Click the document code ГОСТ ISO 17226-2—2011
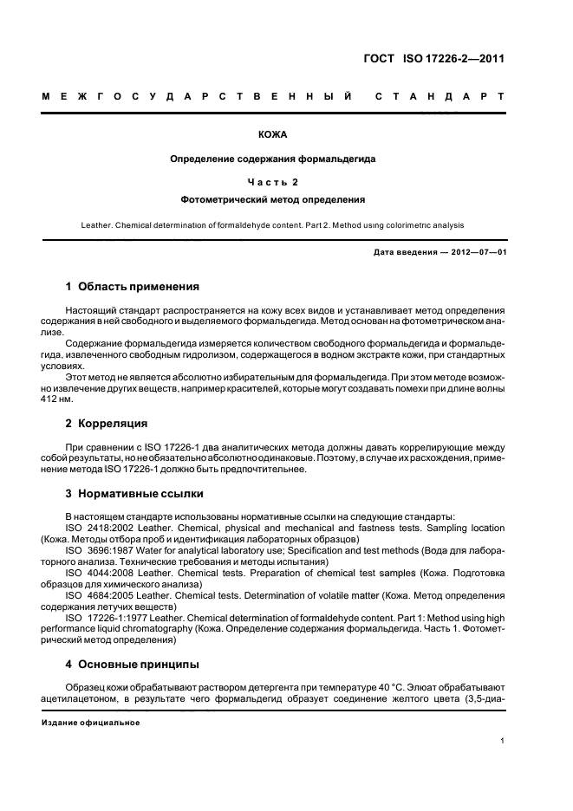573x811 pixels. click(433, 60)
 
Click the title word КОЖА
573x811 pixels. click(273, 136)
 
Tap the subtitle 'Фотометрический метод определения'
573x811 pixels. click(273, 198)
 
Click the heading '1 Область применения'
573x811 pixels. click(133, 287)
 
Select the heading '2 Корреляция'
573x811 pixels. click(107, 424)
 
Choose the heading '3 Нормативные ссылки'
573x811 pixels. click(134, 494)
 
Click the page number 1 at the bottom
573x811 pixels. click(503, 741)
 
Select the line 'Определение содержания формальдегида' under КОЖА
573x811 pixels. click(273, 159)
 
